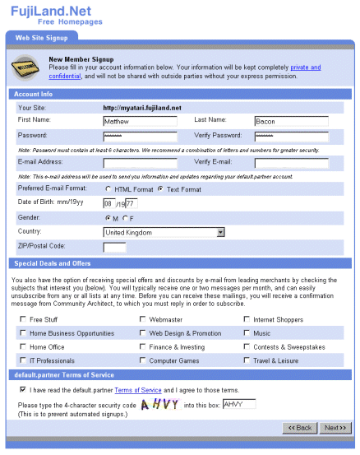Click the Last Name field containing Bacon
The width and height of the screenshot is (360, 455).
click(x=291, y=121)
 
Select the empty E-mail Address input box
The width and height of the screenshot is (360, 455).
click(x=140, y=163)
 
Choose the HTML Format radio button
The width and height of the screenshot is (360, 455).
click(x=108, y=189)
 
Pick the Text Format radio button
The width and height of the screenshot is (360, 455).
click(x=160, y=189)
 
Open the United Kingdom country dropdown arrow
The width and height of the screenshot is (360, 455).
click(x=220, y=232)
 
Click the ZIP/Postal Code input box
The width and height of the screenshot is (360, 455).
click(x=114, y=246)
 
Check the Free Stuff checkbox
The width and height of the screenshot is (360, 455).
click(x=22, y=319)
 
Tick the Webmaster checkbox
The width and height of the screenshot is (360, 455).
click(x=143, y=319)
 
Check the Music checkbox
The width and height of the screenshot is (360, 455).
click(x=247, y=333)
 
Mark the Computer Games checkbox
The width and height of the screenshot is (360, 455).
click(x=143, y=360)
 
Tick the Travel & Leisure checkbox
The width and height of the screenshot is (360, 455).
click(x=247, y=360)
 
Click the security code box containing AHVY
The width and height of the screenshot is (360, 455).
click(x=239, y=404)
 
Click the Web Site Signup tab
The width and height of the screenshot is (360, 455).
click(x=43, y=37)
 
